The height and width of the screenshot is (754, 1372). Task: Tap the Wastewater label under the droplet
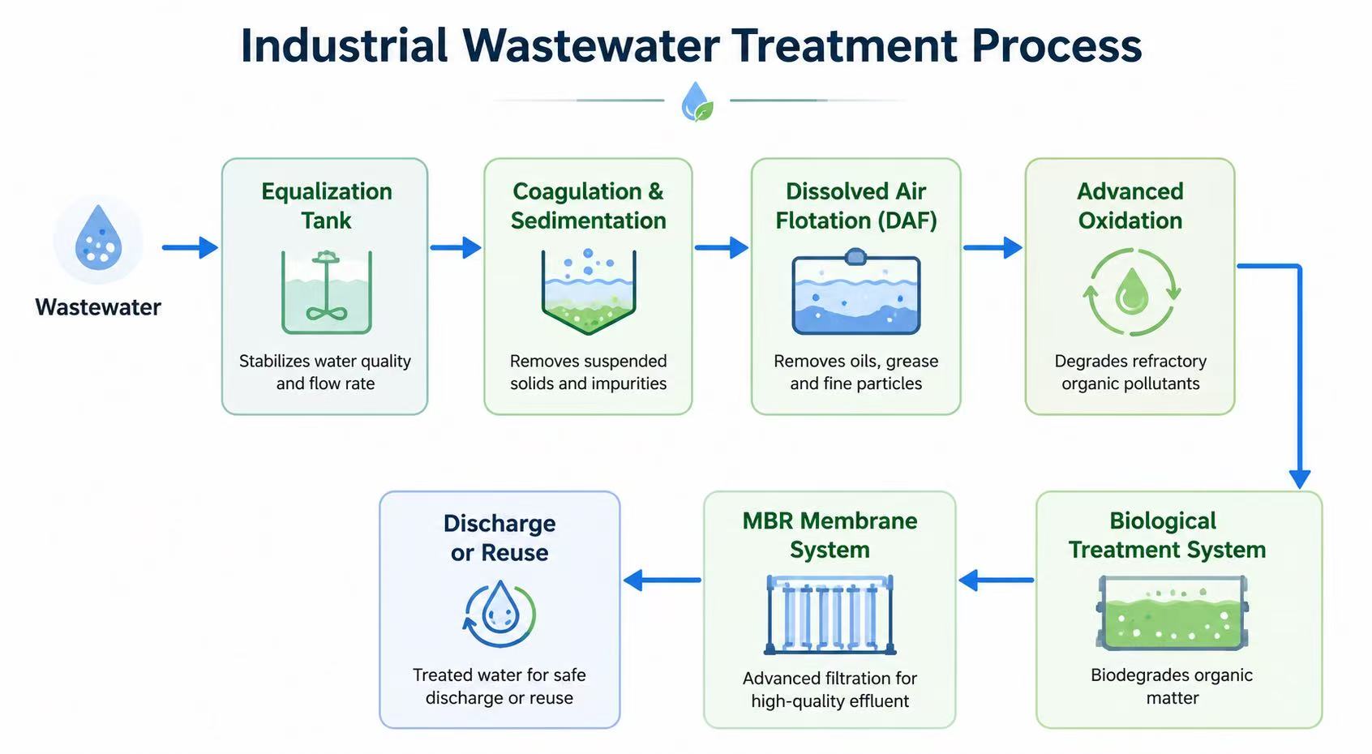point(98,306)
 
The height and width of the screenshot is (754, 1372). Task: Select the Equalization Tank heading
point(327,206)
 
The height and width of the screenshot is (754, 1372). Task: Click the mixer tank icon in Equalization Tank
point(327,292)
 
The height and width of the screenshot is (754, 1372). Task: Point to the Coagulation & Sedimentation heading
point(588,206)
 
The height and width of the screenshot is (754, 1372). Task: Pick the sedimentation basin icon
point(589,292)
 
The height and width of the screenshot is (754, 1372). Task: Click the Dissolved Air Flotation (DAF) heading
point(856,206)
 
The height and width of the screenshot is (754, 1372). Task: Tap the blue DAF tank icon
point(856,292)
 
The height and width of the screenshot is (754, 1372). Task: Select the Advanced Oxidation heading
point(1130,206)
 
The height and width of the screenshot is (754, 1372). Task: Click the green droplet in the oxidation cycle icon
point(1131,292)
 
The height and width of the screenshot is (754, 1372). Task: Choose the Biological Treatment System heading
point(1167,535)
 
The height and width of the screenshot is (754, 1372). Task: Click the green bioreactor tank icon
point(1172,612)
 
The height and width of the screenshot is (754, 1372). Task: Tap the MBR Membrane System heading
point(830,535)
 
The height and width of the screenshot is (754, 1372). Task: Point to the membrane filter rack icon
point(830,615)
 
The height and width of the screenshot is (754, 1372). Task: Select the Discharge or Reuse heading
point(499,538)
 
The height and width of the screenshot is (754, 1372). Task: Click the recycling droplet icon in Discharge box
point(499,614)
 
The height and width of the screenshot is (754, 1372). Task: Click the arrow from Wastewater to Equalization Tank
point(190,247)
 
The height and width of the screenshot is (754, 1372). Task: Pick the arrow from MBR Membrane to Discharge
point(662,580)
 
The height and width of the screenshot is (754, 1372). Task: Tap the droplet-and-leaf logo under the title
point(697,101)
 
